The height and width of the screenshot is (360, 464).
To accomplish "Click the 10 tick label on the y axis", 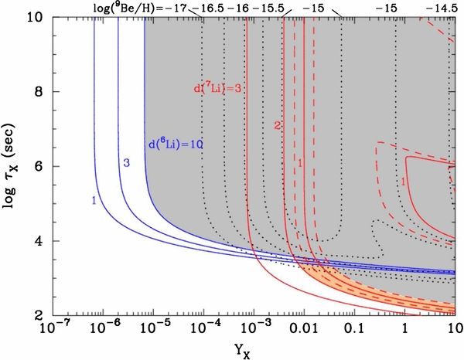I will click(x=35, y=17).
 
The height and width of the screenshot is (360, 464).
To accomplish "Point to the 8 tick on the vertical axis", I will click(x=39, y=91).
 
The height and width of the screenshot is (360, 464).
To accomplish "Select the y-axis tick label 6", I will click(x=39, y=166).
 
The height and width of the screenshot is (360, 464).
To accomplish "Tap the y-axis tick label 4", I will click(x=39, y=241).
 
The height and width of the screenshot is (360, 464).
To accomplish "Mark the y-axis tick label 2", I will click(x=39, y=315).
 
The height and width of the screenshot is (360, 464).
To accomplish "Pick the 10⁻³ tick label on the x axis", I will click(x=249, y=330).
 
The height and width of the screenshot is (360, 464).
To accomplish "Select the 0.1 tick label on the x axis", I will click(x=353, y=331).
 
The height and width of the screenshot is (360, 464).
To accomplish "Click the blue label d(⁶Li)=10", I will click(x=175, y=144).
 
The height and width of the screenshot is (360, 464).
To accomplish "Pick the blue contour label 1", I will click(x=93, y=200).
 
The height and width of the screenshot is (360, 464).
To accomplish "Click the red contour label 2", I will click(x=275, y=125).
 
